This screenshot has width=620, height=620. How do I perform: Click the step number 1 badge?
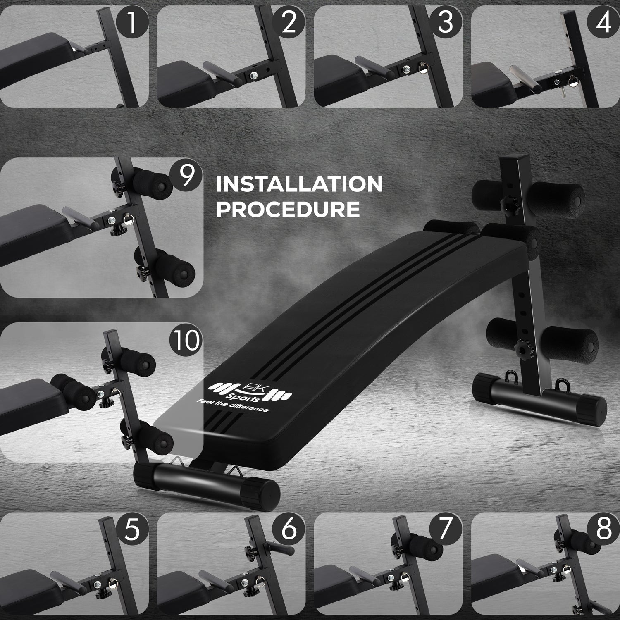(x=131, y=23)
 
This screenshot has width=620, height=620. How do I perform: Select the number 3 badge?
(x=446, y=23)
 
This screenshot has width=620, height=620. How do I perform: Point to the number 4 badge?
(x=603, y=23)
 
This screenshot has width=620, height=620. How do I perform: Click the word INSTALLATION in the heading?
(x=299, y=184)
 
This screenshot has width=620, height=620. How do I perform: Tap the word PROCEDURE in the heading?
(x=288, y=210)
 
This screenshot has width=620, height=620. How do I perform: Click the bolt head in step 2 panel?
(x=253, y=75)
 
